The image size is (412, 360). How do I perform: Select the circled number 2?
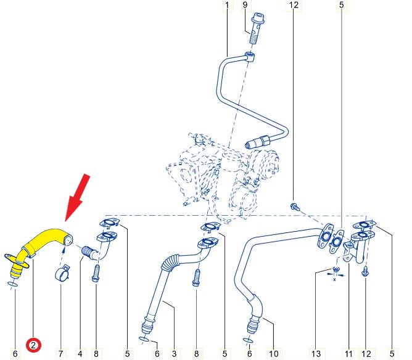click(33, 345)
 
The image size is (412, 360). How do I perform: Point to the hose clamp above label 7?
click(62, 273)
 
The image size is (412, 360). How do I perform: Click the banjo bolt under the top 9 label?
click(257, 30)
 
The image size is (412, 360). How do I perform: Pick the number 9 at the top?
click(245, 5)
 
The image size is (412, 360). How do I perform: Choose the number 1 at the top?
click(227, 5)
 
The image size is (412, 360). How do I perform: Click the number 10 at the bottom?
click(273, 353)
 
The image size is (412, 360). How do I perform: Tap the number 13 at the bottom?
click(316, 353)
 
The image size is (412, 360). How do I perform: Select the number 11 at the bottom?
click(348, 353)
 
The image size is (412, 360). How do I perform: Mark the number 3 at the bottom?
click(174, 353)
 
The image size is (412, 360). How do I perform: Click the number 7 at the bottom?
click(60, 353)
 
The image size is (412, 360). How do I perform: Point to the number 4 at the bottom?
click(80, 353)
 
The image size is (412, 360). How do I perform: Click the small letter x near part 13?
click(334, 280)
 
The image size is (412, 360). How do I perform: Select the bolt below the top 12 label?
click(295, 206)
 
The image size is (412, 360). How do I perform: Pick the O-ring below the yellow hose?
click(12, 284)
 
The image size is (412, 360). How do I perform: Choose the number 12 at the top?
click(294, 5)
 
